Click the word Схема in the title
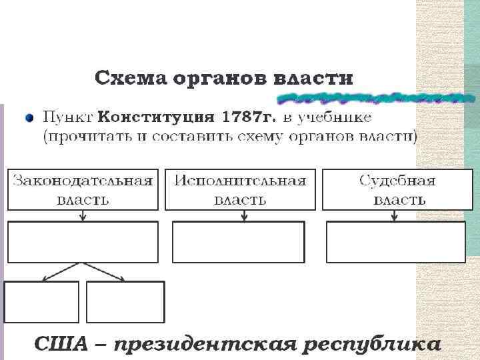(x=129, y=79)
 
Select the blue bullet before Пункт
(x=29, y=118)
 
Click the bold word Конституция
(x=156, y=118)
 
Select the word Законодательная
(x=83, y=181)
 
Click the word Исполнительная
(x=241, y=181)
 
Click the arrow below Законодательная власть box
(x=83, y=215)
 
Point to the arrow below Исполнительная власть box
(x=245, y=215)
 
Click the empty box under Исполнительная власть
(x=238, y=241)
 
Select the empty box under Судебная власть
(x=395, y=241)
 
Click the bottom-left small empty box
(x=41, y=301)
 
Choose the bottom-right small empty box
(x=125, y=301)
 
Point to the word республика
(x=371, y=344)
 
